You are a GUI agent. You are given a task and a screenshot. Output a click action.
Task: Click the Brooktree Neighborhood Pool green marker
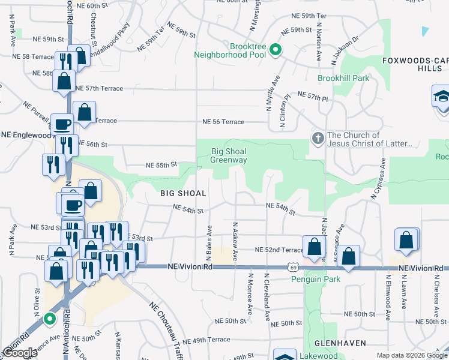276,49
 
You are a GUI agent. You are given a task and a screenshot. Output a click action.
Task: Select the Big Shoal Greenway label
229,155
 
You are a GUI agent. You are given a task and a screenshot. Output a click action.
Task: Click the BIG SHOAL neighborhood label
184,193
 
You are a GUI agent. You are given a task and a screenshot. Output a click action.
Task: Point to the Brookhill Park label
343,78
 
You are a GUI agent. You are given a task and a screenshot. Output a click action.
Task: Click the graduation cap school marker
441,97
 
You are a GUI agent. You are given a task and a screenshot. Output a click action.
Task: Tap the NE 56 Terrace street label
223,122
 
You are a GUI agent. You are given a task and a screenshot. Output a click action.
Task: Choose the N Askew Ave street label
235,241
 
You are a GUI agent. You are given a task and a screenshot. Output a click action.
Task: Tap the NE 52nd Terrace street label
279,250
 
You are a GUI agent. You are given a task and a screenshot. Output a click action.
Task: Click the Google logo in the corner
20,353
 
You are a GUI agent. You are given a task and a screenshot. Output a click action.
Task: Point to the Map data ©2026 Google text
411,355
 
